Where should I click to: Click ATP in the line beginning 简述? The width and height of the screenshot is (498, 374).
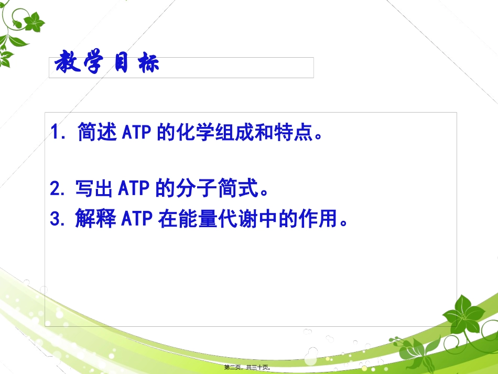click(137, 133)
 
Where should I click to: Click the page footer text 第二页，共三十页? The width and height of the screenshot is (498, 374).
click(249, 367)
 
